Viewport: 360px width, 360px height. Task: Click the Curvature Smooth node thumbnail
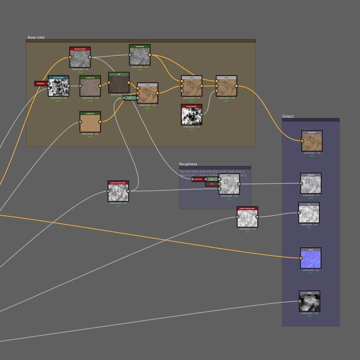click(80, 59)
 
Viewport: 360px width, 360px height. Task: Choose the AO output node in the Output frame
click(309, 214)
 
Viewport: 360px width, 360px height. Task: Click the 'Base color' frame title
click(36, 37)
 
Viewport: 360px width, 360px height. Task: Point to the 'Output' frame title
click(288, 116)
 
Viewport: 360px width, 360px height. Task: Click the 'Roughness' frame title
click(188, 164)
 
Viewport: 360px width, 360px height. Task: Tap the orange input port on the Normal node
click(302, 258)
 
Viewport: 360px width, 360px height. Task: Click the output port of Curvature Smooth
click(90, 57)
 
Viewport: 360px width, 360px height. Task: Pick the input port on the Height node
click(300, 301)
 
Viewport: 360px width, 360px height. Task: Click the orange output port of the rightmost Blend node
click(236, 86)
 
